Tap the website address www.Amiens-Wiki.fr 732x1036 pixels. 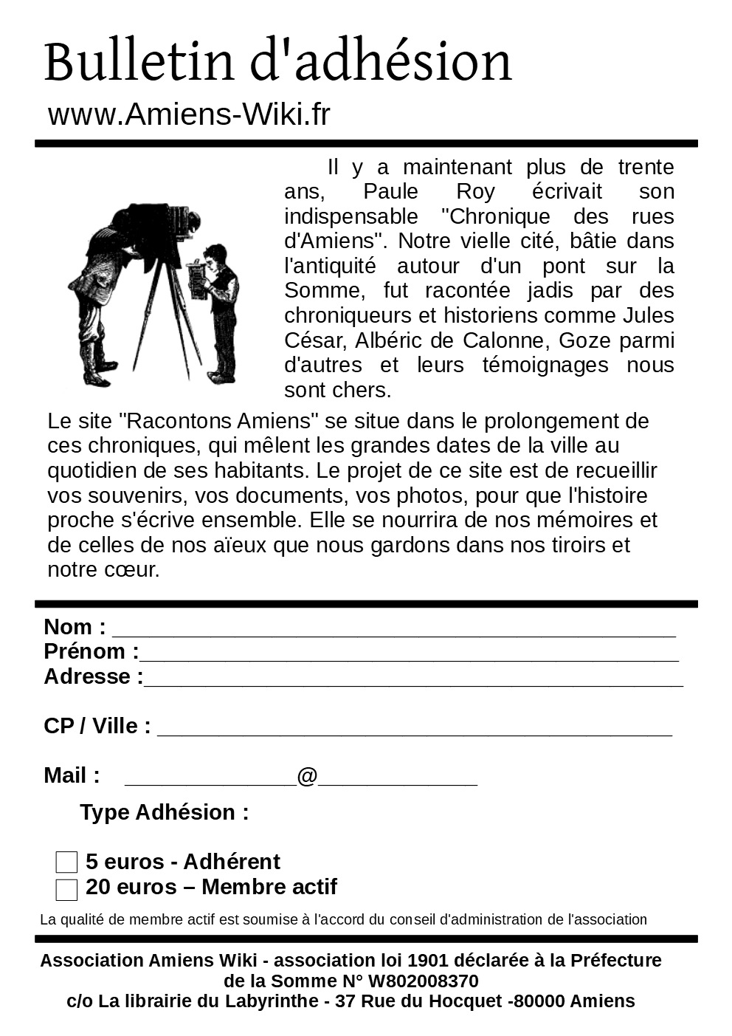[x=189, y=114]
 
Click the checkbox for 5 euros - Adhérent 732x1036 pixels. [x=66, y=862]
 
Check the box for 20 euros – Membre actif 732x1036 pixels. [x=66, y=890]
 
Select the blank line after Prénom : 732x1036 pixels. [x=409, y=656]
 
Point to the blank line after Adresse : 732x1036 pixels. [x=413, y=681]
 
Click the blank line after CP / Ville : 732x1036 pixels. [x=415, y=730]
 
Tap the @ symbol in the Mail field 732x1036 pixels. [x=307, y=777]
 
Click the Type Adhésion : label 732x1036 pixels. [x=165, y=812]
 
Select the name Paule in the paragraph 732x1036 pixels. [x=390, y=192]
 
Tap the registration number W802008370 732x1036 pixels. [x=423, y=981]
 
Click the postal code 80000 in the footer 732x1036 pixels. [x=539, y=1001]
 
